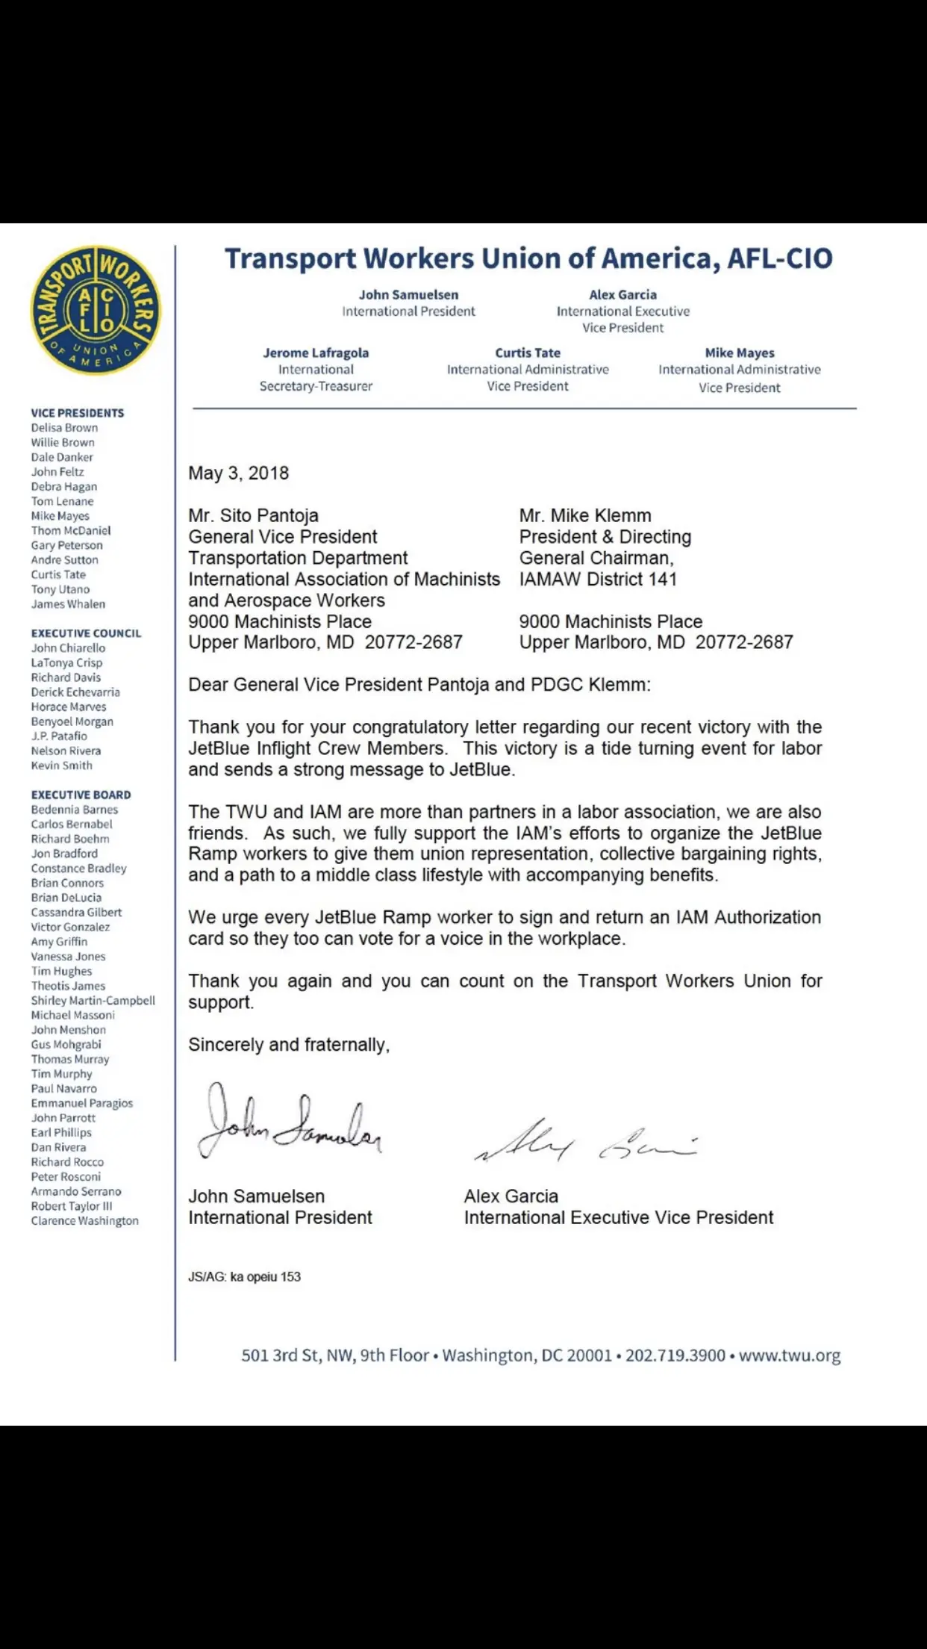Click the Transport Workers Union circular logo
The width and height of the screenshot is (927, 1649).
[96, 310]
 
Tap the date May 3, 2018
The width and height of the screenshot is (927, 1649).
[238, 473]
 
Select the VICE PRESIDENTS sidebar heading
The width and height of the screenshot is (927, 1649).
[78, 413]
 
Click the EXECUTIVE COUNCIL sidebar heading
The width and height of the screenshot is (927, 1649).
[86, 633]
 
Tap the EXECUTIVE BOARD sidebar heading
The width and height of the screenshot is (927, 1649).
[81, 795]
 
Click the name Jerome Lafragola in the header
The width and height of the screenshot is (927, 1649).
[316, 353]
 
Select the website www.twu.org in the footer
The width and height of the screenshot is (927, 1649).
[790, 1355]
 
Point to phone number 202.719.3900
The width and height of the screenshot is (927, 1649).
[675, 1355]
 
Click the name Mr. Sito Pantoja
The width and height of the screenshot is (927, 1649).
[253, 515]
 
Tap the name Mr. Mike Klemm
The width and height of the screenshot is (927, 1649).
[585, 515]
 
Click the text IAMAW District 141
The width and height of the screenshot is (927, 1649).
[598, 579]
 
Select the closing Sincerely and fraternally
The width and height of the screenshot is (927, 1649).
[289, 1045]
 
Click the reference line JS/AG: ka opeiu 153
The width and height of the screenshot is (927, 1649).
[244, 1276]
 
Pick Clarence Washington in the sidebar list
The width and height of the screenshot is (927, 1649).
[84, 1221]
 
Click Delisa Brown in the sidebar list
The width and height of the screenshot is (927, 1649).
[64, 428]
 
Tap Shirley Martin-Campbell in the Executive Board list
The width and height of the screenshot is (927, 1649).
[93, 1001]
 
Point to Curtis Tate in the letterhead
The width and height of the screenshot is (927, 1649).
[528, 353]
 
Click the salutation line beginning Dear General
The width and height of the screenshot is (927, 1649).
[419, 685]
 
